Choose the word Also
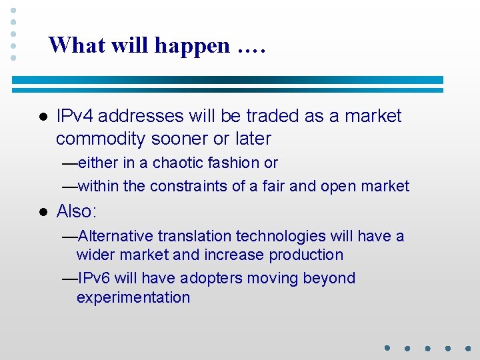[x=75, y=211]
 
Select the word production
[x=306, y=255]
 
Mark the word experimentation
[x=133, y=297]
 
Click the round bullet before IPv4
[x=42, y=117]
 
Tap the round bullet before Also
[x=42, y=212]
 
